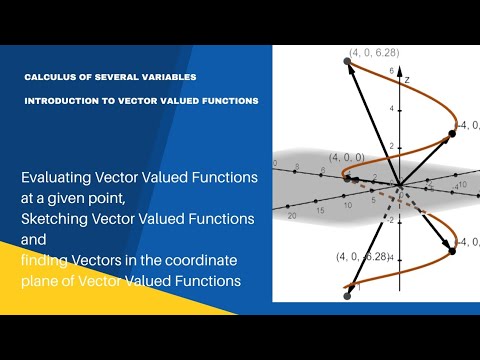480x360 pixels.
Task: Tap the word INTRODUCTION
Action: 63,101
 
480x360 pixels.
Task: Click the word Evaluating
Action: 60,177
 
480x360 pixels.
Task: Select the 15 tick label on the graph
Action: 317,209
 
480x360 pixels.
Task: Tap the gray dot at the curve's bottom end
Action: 347,294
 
